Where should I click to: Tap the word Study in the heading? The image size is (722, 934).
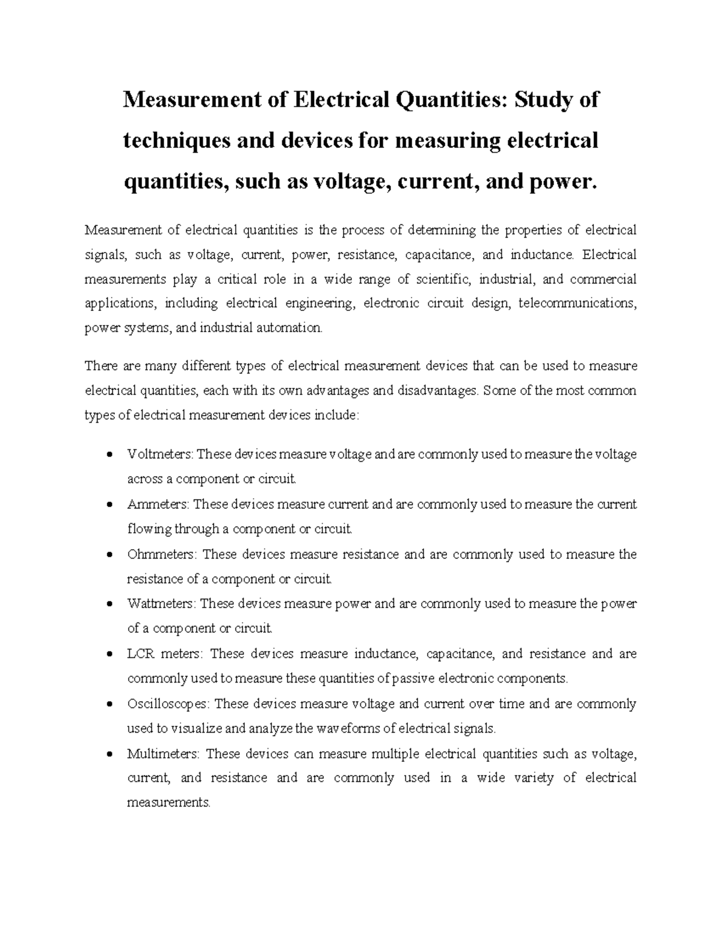[x=539, y=99]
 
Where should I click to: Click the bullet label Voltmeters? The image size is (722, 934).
[x=161, y=454]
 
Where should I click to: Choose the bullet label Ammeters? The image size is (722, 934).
[x=158, y=504]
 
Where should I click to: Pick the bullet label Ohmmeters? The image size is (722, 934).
[x=162, y=555]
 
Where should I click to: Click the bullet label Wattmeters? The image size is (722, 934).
[x=161, y=604]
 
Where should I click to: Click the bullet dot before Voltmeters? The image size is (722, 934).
[x=109, y=455]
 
